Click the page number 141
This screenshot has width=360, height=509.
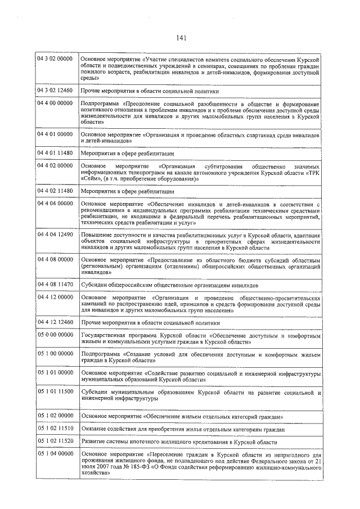pyautogui.click(x=181, y=38)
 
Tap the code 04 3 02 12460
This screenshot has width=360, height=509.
pyautogui.click(x=54, y=90)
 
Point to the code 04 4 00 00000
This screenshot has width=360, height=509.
pyautogui.click(x=54, y=103)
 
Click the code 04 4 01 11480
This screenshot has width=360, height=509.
pyautogui.click(x=54, y=152)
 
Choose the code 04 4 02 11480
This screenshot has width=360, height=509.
pyautogui.click(x=54, y=191)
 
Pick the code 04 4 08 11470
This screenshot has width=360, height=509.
pyautogui.click(x=54, y=285)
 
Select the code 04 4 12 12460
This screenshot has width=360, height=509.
pyautogui.click(x=54, y=322)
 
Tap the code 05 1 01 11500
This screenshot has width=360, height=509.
pyautogui.click(x=54, y=392)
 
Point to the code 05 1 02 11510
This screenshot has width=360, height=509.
pyautogui.click(x=54, y=429)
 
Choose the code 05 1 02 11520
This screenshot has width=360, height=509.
pyautogui.click(x=54, y=442)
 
